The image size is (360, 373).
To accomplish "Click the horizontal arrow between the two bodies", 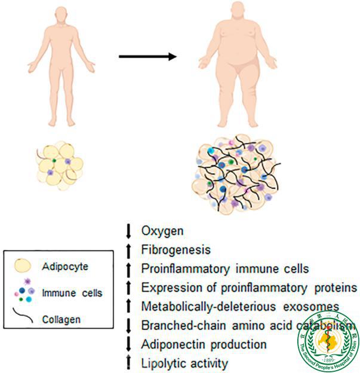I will coord(148,57).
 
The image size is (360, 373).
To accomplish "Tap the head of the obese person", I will coord(233,15).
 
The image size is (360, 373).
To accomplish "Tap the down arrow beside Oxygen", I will coord(128,230).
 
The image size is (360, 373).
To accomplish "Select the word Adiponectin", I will coord(170,344).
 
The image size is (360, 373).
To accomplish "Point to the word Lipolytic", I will coord(161,362).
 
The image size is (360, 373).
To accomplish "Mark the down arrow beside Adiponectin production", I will coord(128,344).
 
